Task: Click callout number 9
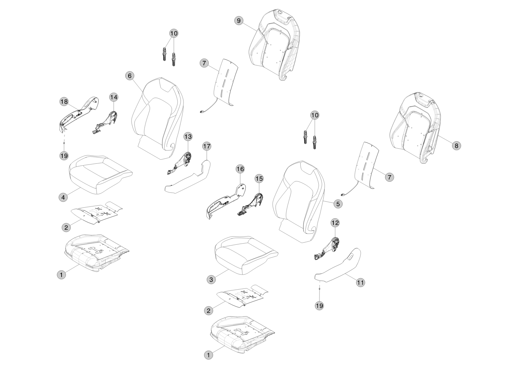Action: point(239,21)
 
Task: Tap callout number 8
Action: point(456,145)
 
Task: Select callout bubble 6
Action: point(129,75)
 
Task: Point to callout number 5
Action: point(338,203)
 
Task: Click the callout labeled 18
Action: point(64,101)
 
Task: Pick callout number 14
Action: point(113,97)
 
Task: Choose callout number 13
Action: point(188,137)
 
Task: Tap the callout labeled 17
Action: point(207,146)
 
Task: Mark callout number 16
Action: point(240,169)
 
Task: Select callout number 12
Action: point(335,223)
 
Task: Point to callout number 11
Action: point(360,283)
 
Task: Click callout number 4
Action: point(63,197)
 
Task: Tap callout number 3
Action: point(211,280)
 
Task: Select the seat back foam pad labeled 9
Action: point(275,44)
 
